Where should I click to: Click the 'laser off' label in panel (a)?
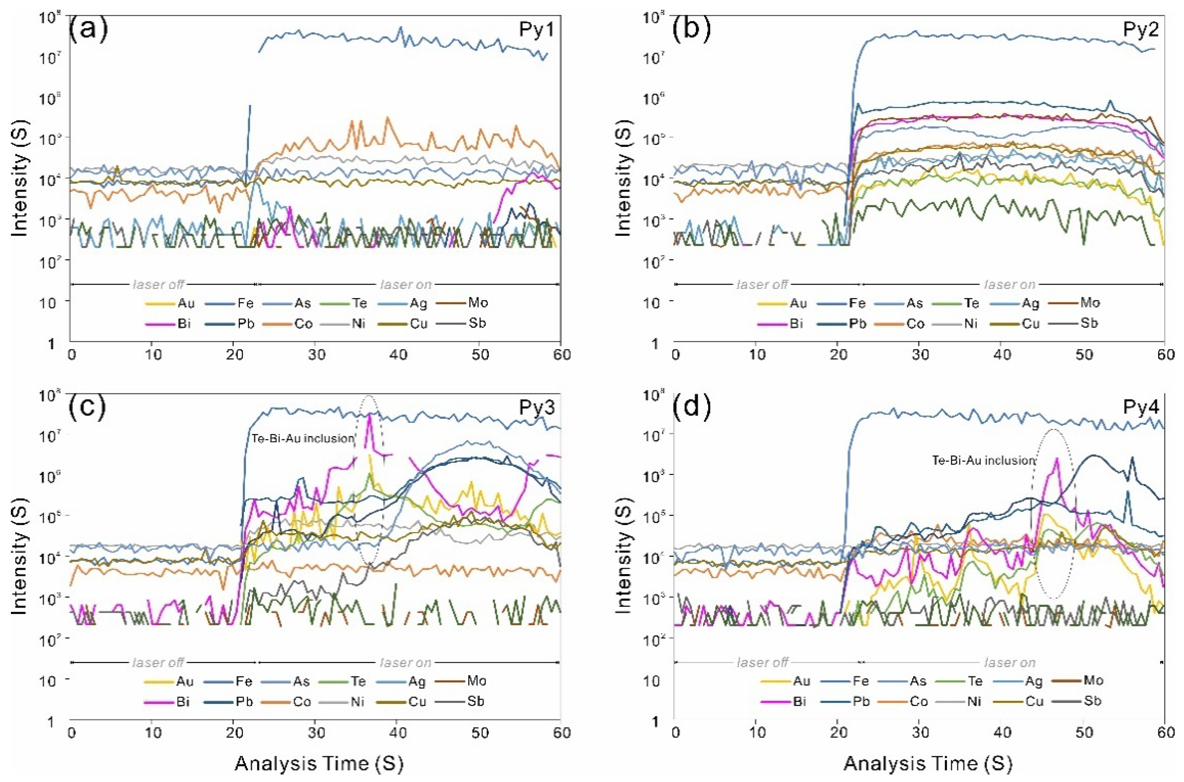(158, 284)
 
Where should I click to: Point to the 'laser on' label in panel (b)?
(1009, 284)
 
